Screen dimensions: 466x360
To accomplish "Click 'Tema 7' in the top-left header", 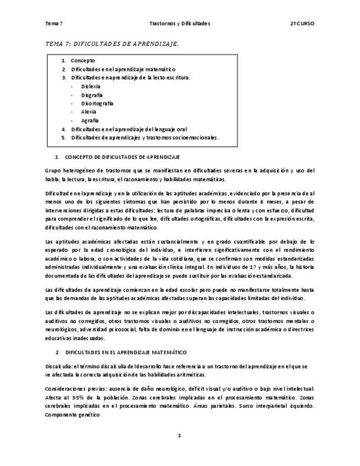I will coord(54,24).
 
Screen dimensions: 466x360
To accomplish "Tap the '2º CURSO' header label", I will coord(303,24).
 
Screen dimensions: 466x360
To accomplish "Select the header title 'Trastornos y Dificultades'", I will coord(180,24).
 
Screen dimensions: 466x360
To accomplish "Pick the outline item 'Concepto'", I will coord(83,60).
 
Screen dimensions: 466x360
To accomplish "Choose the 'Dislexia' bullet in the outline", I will coord(91,86).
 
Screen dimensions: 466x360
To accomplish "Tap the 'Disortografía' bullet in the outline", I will coord(97,103).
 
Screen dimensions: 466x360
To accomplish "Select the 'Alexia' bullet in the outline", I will coord(88,112).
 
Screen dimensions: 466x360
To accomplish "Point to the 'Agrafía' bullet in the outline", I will coord(90,120).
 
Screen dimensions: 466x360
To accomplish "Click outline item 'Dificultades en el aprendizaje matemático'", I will coord(123,69).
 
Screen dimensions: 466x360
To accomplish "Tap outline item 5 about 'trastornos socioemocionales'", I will coord(145,137).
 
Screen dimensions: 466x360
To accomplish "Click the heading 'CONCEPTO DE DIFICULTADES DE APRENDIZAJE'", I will coord(122,157).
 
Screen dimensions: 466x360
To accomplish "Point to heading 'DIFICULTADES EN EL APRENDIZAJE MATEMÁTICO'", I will coord(126,352).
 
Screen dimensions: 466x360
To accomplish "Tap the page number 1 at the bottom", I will coord(179,436).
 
